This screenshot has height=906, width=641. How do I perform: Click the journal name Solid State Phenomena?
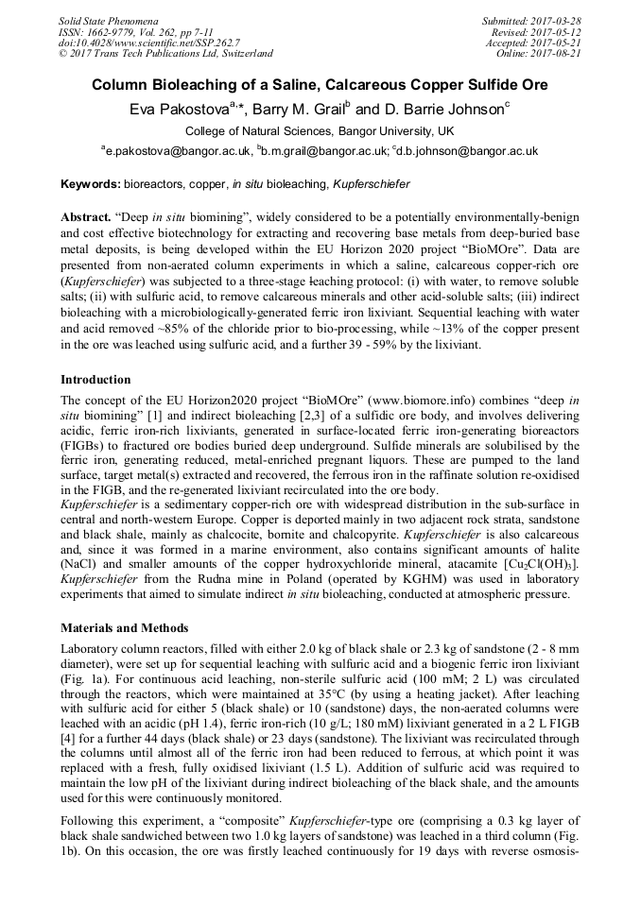coord(108,20)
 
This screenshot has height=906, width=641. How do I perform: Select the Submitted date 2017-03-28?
coord(558,20)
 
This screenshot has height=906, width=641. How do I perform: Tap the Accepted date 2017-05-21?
coord(558,43)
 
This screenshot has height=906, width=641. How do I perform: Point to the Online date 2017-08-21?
coord(558,54)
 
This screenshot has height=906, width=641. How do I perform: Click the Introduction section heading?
coord(95,380)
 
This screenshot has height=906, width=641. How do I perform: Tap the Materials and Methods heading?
coord(124,627)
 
